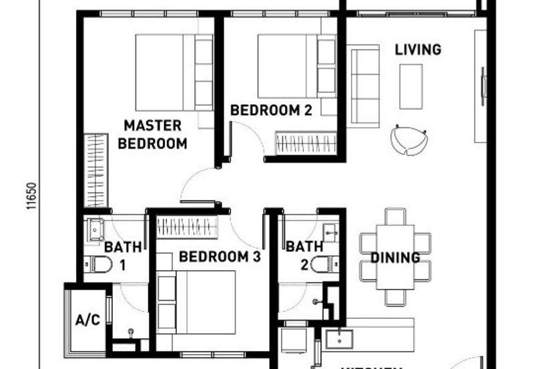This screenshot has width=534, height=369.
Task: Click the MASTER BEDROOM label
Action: click(153, 134)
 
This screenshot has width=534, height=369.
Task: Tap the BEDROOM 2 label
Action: click(271, 110)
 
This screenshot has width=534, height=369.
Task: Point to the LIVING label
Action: click(418, 49)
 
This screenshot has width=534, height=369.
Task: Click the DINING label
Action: click(395, 257)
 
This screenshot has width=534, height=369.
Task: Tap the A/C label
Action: click(87, 320)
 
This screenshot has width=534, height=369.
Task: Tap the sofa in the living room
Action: click(364, 85)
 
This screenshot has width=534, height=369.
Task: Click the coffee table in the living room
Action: click(411, 86)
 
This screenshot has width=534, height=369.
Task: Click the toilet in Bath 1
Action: click(98, 264)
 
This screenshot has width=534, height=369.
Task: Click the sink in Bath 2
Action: click(330, 232)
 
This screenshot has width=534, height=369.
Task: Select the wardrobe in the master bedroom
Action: click(96, 170)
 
